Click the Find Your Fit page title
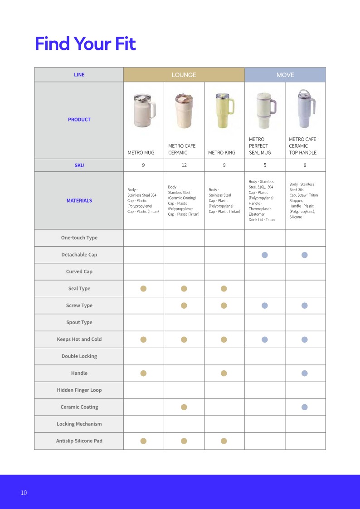[85, 44]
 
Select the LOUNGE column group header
[184, 75]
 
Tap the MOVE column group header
[285, 75]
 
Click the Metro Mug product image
[144, 111]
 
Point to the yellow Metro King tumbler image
[224, 111]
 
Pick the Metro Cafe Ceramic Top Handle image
[304, 109]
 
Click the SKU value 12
[184, 165]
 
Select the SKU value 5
[265, 165]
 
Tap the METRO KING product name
[222, 153]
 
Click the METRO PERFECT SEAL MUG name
[260, 146]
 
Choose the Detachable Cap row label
[79, 255]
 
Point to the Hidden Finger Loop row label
[79, 390]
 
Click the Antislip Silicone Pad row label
[79, 441]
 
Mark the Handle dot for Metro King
[224, 373]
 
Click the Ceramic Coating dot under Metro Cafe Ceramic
[184, 407]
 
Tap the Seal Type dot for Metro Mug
[144, 289]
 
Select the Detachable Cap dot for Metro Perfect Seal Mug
[265, 255]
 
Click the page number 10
[24, 493]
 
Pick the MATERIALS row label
[79, 201]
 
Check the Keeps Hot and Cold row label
[79, 339]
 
